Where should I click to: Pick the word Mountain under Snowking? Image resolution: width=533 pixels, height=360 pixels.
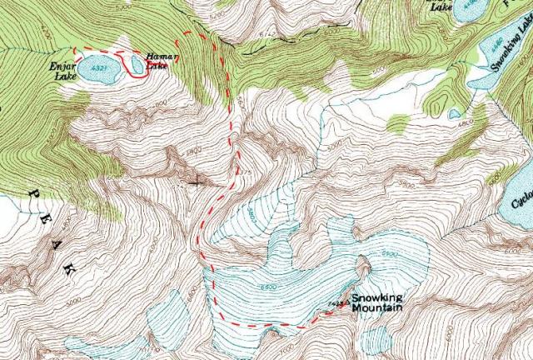(376, 308)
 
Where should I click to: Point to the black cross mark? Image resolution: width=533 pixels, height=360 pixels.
(197, 180)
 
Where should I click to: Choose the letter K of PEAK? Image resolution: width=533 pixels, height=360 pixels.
(69, 270)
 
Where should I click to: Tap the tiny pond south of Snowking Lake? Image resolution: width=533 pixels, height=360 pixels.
(454, 113)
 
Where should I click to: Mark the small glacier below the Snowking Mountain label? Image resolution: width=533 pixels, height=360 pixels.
(377, 338)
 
